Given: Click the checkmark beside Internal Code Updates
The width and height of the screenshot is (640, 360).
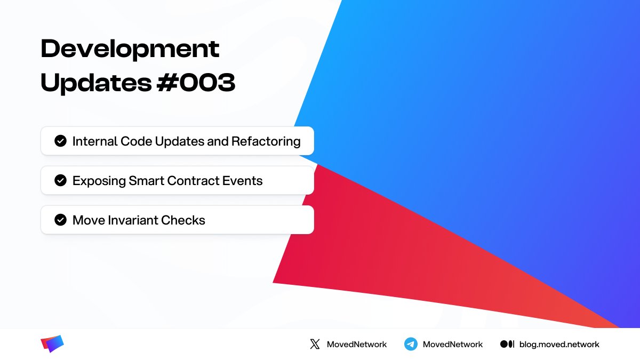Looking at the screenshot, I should (x=60, y=141).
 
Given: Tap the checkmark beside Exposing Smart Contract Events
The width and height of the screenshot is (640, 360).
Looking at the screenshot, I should (x=60, y=181).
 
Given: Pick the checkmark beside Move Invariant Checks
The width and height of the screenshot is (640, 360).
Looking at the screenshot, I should (x=60, y=220).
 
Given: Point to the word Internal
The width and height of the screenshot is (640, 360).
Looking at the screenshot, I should (x=94, y=141).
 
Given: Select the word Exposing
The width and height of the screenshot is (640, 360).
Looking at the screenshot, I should (x=99, y=181).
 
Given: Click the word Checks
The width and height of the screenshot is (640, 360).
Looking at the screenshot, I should (x=186, y=220).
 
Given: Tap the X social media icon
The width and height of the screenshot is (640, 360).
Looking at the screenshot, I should (x=315, y=344).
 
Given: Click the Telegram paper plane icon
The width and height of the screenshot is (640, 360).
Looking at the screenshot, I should (x=411, y=344).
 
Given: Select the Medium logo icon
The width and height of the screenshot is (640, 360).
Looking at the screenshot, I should (x=507, y=344).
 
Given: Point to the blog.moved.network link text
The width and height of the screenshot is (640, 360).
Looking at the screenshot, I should (x=559, y=344).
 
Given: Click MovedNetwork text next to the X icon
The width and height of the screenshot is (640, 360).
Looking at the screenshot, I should (x=357, y=344).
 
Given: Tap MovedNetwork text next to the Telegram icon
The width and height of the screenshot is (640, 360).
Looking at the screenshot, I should (x=453, y=344).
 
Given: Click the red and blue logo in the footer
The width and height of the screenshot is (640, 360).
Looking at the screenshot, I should (x=52, y=344).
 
